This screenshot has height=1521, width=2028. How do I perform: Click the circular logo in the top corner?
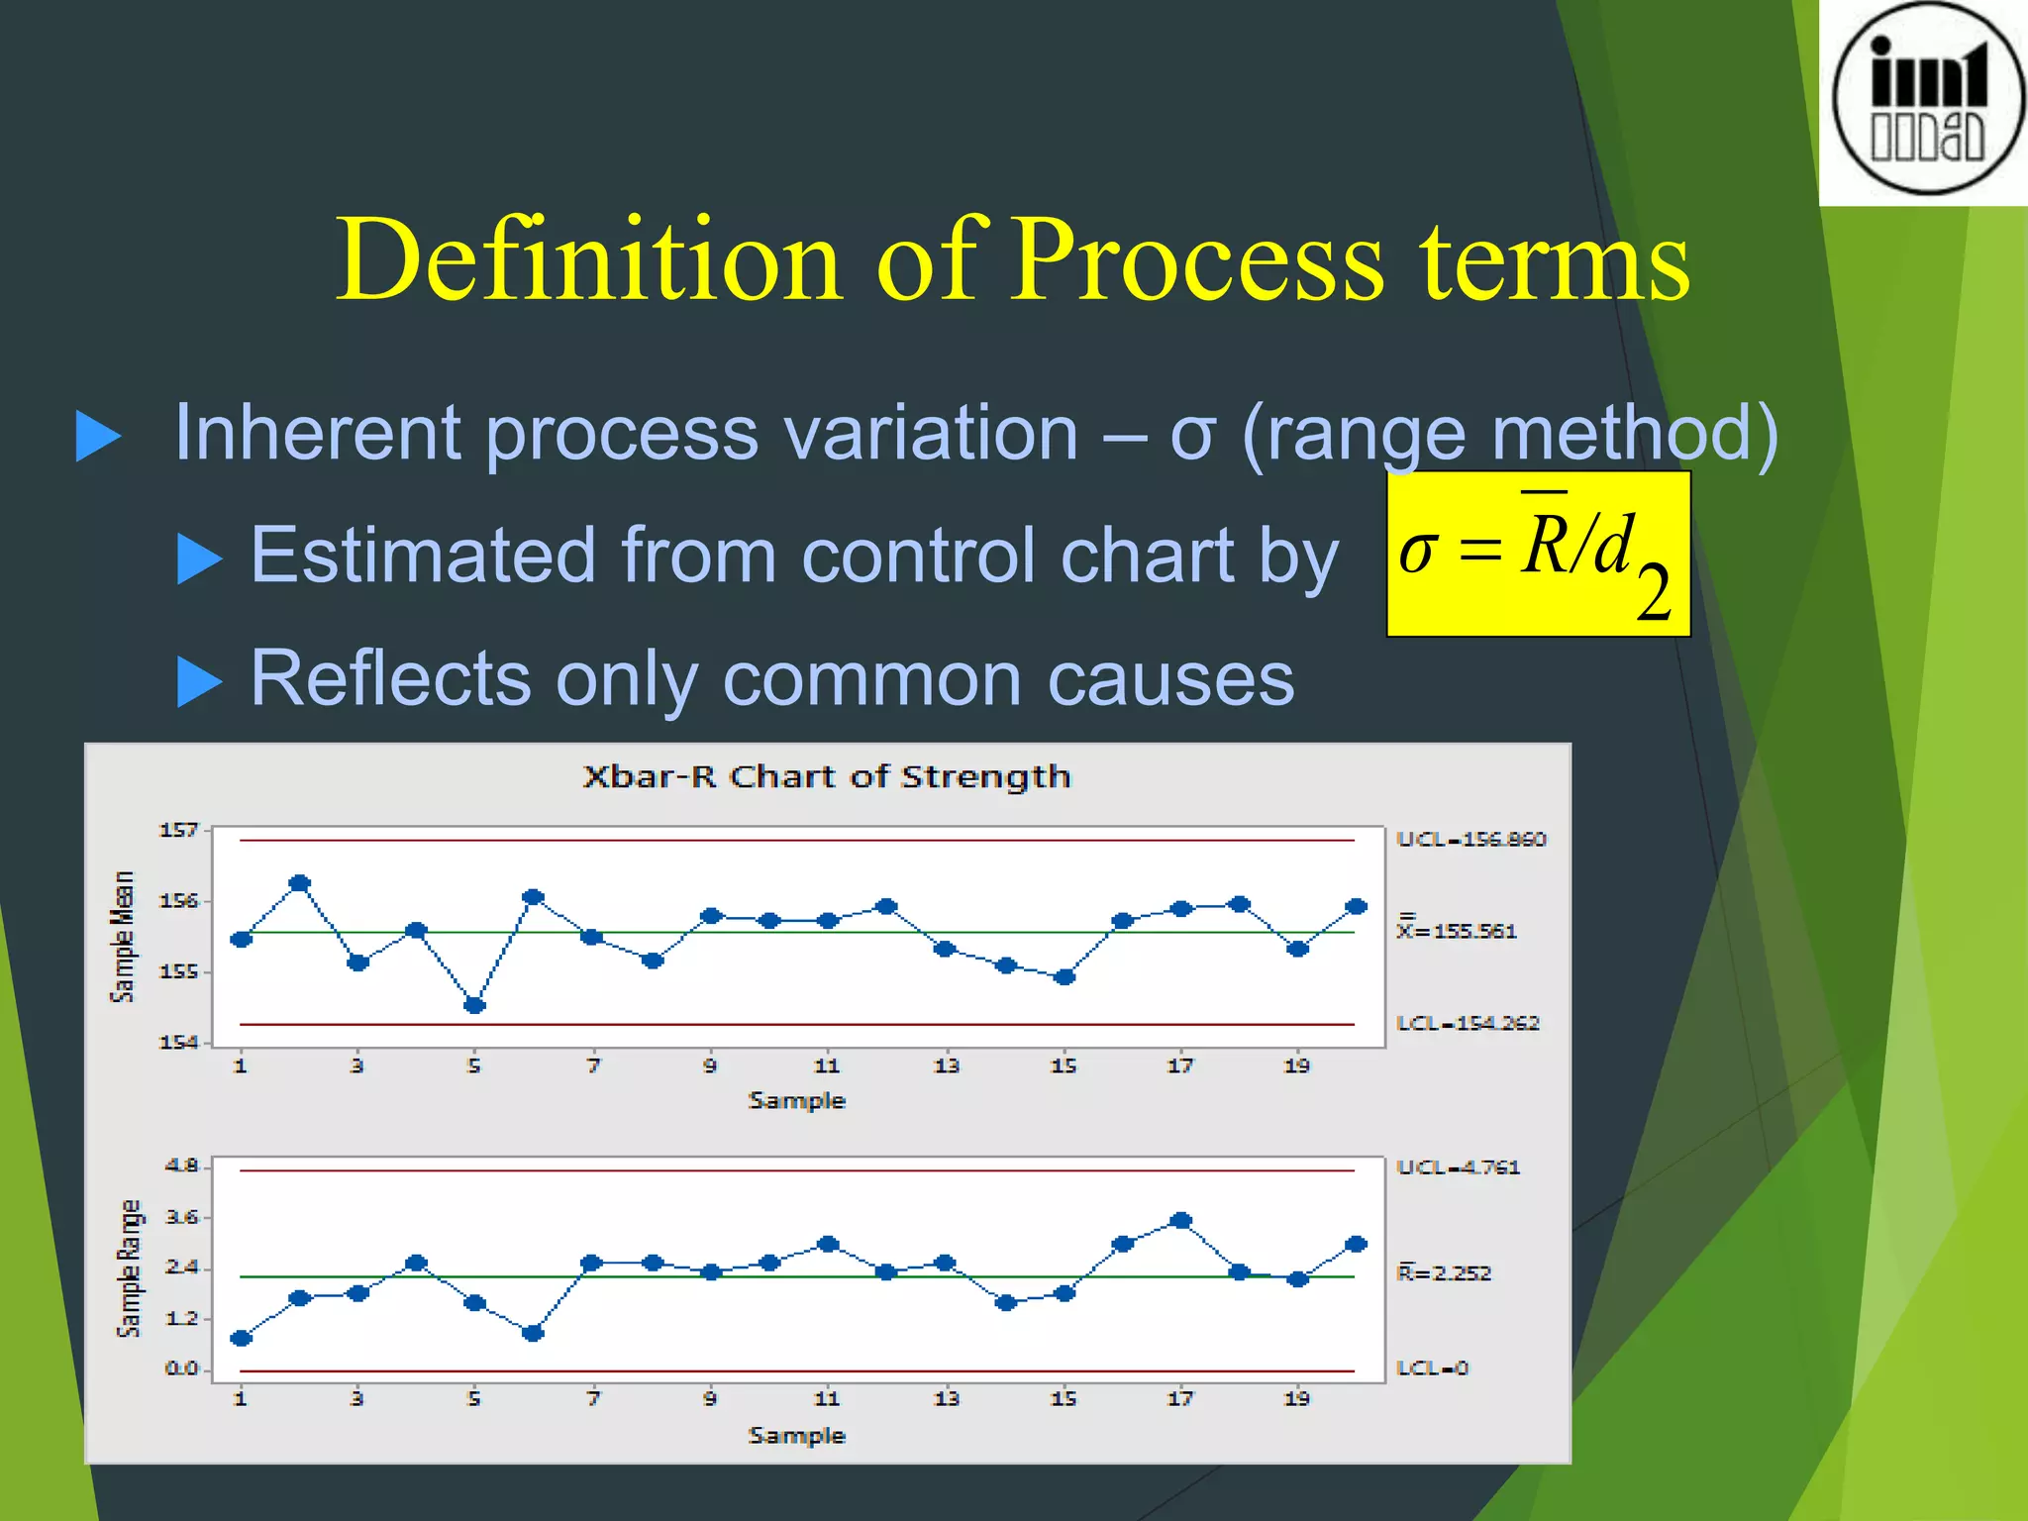1927,99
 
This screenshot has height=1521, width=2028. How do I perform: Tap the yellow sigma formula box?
1538,555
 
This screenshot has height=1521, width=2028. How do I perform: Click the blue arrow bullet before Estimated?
199,558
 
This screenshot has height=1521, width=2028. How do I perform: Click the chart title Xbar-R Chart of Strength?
827,776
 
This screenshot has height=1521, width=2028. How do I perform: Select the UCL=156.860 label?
1470,840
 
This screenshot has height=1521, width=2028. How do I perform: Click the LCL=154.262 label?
1468,1023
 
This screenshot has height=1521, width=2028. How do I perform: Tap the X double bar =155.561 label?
1457,930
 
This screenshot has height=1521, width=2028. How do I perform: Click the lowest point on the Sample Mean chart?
474,1005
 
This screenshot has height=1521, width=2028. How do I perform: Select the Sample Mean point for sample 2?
300,882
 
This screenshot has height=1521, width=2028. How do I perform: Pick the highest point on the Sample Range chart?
1180,1220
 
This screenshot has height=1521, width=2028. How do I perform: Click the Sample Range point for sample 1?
241,1338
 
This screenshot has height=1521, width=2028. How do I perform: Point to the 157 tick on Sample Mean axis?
178,830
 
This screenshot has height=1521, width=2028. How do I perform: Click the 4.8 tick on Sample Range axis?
181,1166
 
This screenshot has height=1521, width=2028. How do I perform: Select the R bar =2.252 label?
1444,1272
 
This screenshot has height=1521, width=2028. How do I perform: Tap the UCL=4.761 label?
1458,1167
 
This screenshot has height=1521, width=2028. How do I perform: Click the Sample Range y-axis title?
129,1268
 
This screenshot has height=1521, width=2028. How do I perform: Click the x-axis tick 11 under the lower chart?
827,1398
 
